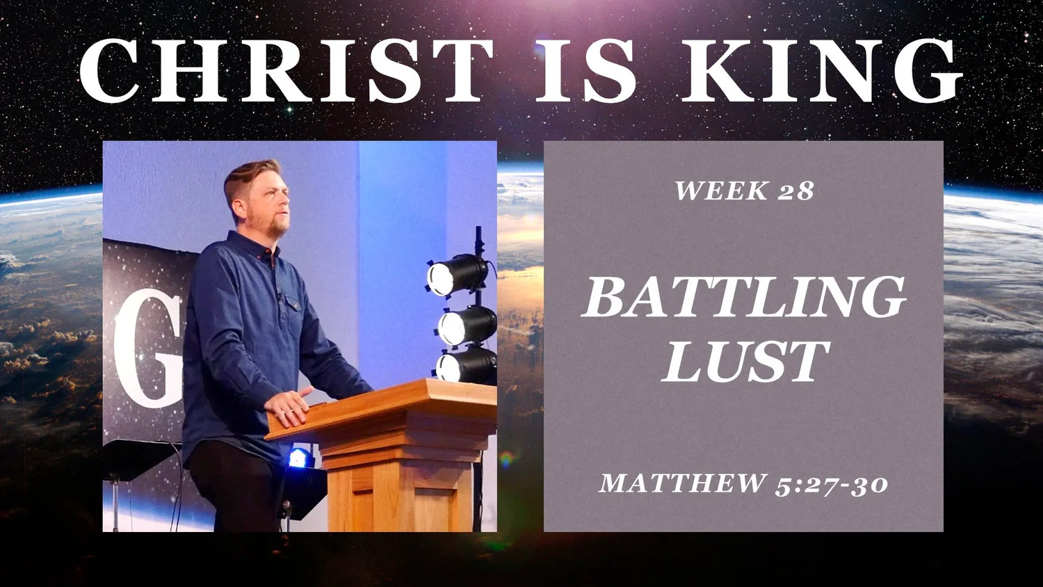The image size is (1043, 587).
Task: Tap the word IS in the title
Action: pos(585,71)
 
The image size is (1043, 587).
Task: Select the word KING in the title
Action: pos(823,71)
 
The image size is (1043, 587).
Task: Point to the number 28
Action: pos(795,191)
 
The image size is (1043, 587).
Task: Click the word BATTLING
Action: pos(744,297)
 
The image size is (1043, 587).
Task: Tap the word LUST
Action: pos(745,361)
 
